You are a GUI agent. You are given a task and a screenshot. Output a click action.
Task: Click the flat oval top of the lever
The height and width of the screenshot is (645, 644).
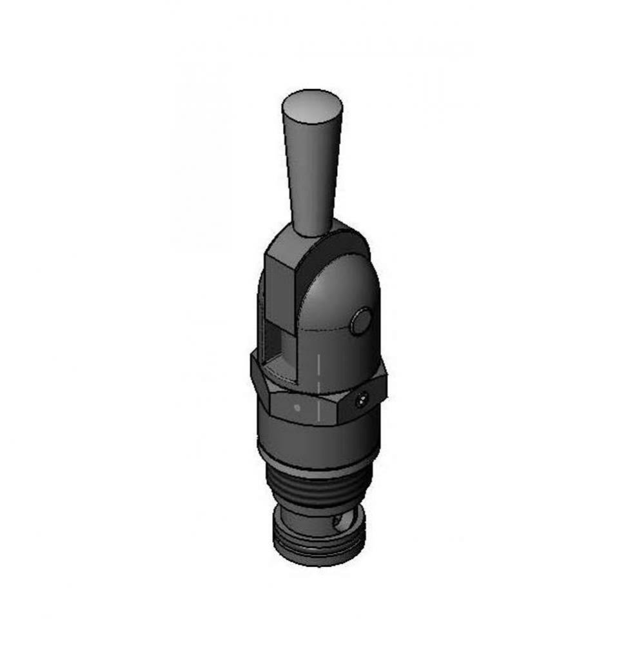(313, 106)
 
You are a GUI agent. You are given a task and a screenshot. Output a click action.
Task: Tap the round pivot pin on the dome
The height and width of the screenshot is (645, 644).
(362, 321)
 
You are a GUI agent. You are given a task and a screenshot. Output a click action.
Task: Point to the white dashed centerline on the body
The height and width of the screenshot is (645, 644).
(318, 387)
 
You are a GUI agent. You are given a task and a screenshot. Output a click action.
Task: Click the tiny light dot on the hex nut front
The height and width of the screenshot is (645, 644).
(297, 407)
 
